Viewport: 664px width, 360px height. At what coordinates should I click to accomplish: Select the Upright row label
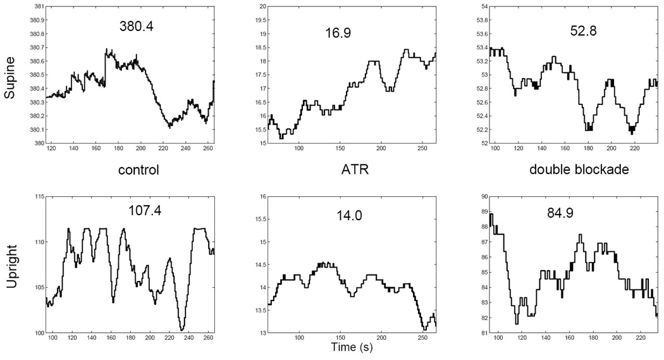11,270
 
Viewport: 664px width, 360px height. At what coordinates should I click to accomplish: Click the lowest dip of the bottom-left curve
182,330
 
